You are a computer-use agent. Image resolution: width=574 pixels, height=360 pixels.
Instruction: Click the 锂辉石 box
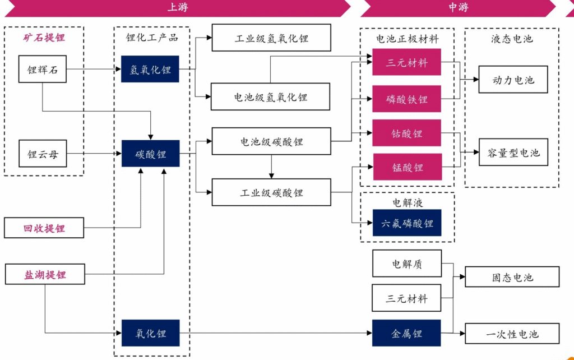point(42,70)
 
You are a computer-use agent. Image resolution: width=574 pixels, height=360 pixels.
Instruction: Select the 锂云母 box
point(42,154)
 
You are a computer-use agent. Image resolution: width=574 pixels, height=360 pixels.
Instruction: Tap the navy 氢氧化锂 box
point(150,70)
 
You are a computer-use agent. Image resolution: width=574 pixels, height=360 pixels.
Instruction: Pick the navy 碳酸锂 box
point(150,154)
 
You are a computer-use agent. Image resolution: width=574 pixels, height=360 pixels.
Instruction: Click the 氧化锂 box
point(150,333)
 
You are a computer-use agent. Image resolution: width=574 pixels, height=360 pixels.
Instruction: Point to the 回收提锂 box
point(44,228)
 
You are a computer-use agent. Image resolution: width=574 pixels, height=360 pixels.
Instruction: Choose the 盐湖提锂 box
point(44,275)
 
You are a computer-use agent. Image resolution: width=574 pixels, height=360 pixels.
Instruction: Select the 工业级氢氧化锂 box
point(271,38)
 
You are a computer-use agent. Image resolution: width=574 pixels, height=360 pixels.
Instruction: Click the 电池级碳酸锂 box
point(271,141)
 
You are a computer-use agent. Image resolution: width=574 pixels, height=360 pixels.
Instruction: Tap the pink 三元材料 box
point(406,62)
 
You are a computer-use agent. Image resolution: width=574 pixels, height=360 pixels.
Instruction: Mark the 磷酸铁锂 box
point(406,99)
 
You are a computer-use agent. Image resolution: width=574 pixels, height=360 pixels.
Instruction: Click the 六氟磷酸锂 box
point(406,223)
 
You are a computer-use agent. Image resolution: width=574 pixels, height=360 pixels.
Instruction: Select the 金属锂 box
point(406,333)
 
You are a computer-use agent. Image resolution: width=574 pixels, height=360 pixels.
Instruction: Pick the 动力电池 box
point(512,80)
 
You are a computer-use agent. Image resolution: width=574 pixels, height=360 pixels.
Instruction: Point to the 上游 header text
point(177,7)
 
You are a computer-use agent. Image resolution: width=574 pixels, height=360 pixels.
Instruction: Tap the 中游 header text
point(458,7)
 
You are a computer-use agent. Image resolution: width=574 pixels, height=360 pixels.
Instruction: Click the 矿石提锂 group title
point(44,38)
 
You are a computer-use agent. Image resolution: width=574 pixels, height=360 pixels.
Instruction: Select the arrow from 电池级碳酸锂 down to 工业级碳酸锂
point(271,167)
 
